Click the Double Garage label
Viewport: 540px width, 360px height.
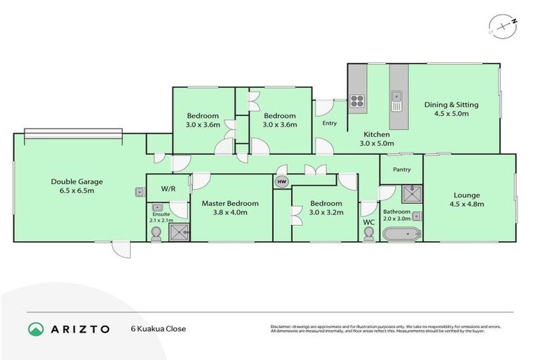pyautogui.click(x=72, y=186)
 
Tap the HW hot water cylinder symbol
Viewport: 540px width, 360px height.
pyautogui.click(x=282, y=182)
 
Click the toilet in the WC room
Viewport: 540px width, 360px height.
pyautogui.click(x=368, y=235)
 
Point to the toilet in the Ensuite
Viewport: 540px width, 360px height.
pyautogui.click(x=156, y=234)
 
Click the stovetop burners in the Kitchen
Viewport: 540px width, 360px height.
pyautogui.click(x=357, y=100)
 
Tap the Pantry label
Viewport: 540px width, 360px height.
pyautogui.click(x=401, y=169)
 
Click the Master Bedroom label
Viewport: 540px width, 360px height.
pyautogui.click(x=230, y=208)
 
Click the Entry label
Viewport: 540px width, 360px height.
pyautogui.click(x=329, y=124)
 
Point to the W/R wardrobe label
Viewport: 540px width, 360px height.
pyautogui.click(x=167, y=189)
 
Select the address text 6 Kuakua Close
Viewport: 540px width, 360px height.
pyautogui.click(x=158, y=328)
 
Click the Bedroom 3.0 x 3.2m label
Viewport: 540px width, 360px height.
pyautogui.click(x=325, y=208)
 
